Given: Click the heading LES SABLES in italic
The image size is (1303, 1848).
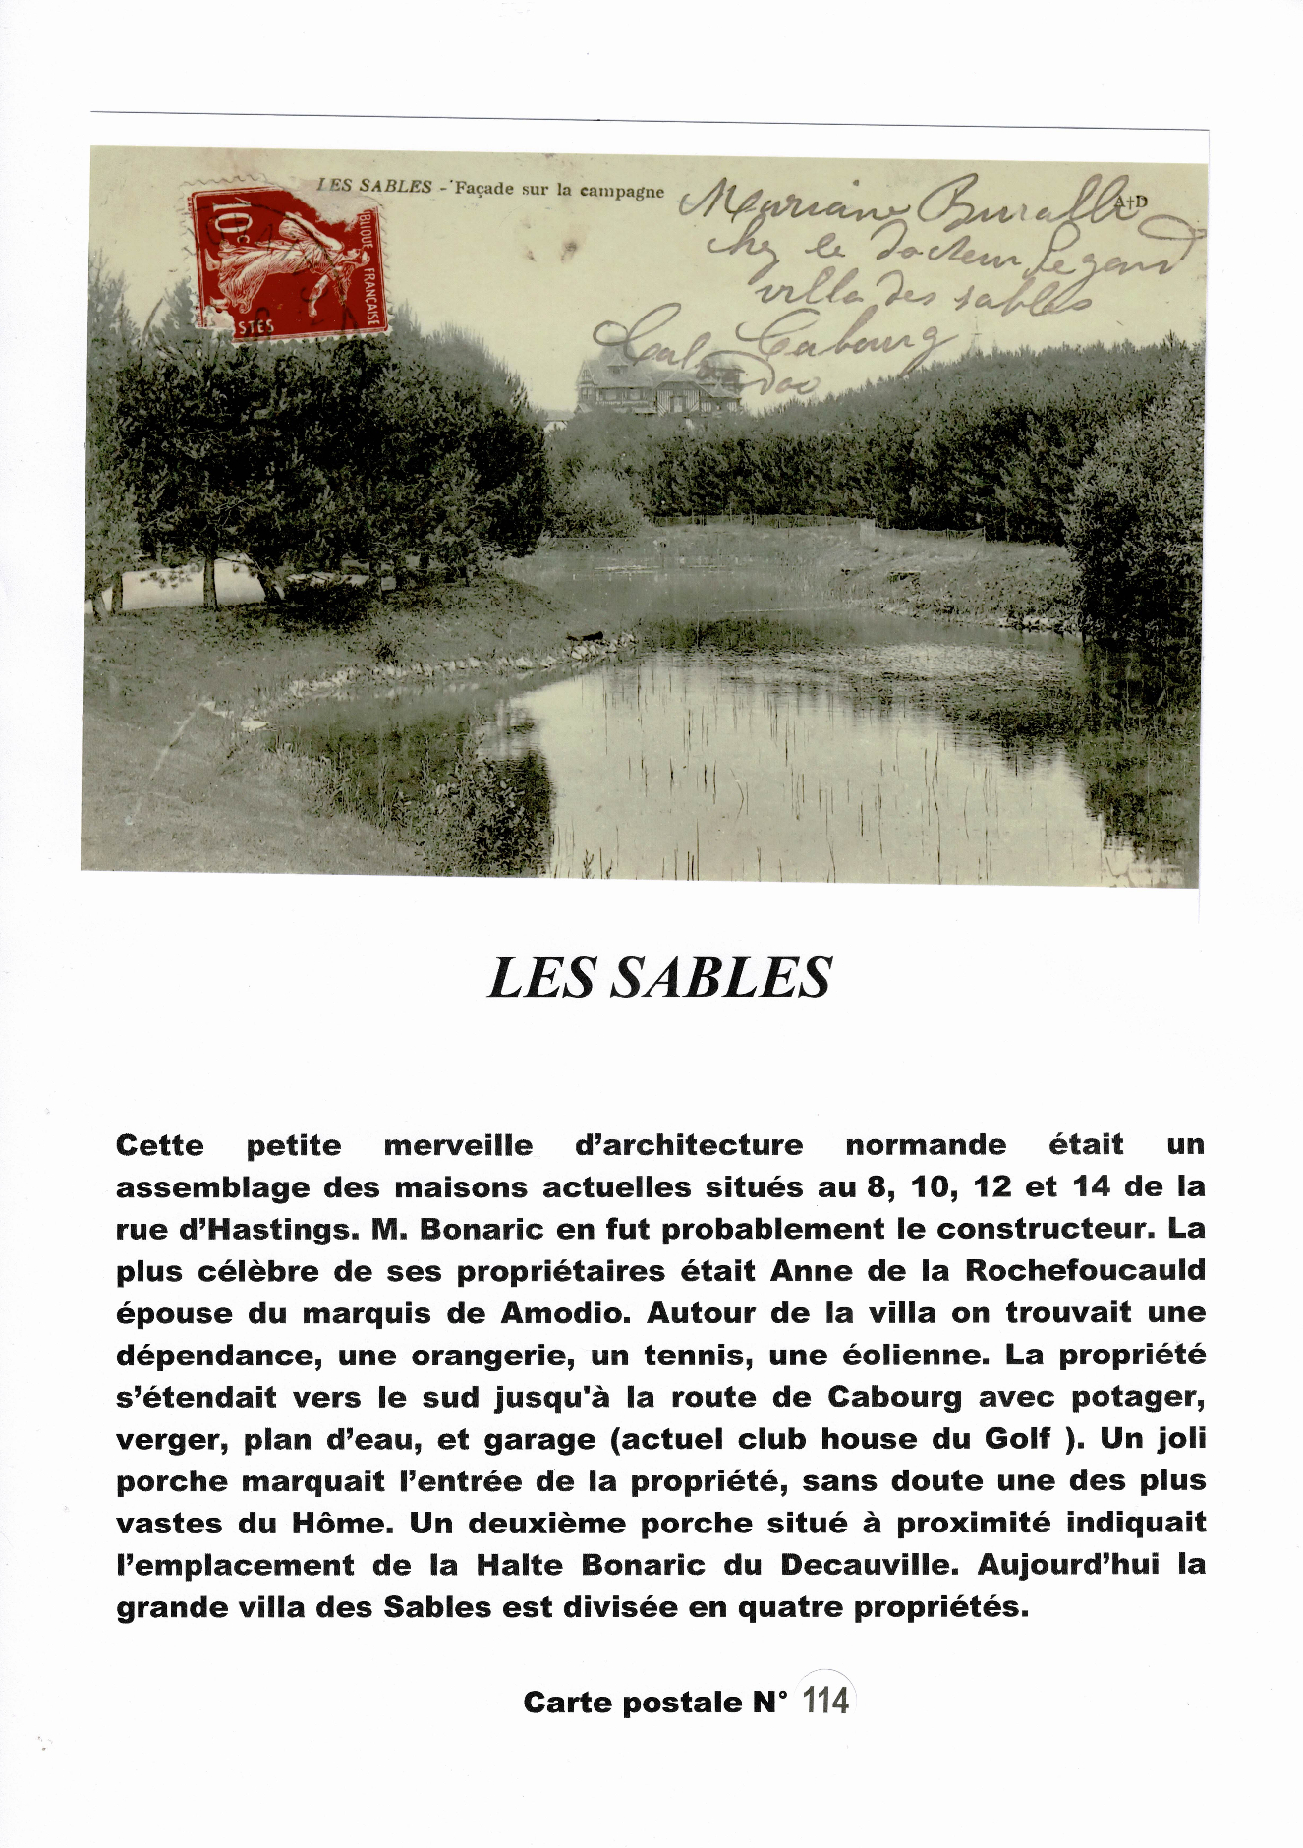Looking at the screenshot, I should click(x=659, y=977).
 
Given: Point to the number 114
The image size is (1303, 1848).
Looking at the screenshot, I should click(x=825, y=1701).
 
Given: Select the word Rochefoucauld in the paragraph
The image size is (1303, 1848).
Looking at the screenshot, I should click(x=1085, y=1270).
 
